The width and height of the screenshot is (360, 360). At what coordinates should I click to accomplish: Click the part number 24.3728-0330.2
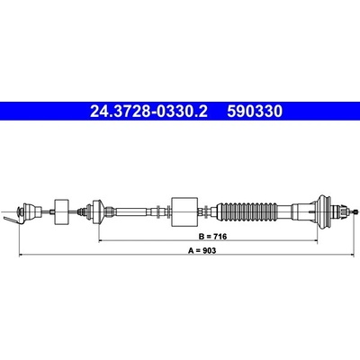pyautogui.click(x=148, y=112)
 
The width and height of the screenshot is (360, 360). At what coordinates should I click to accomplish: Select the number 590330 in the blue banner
pyautogui.click(x=255, y=112)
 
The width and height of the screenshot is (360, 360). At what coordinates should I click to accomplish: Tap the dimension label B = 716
pyautogui.click(x=212, y=237)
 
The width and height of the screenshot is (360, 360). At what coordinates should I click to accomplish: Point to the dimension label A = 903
pyautogui.click(x=202, y=250)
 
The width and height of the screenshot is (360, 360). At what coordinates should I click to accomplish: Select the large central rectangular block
pyautogui.click(x=184, y=211)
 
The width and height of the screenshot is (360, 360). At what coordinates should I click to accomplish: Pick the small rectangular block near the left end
pyautogui.click(x=61, y=211)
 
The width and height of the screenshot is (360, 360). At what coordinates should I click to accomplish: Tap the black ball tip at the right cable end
pyautogui.click(x=356, y=211)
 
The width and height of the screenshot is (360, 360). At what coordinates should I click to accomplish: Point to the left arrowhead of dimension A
pyautogui.click(x=22, y=255)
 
